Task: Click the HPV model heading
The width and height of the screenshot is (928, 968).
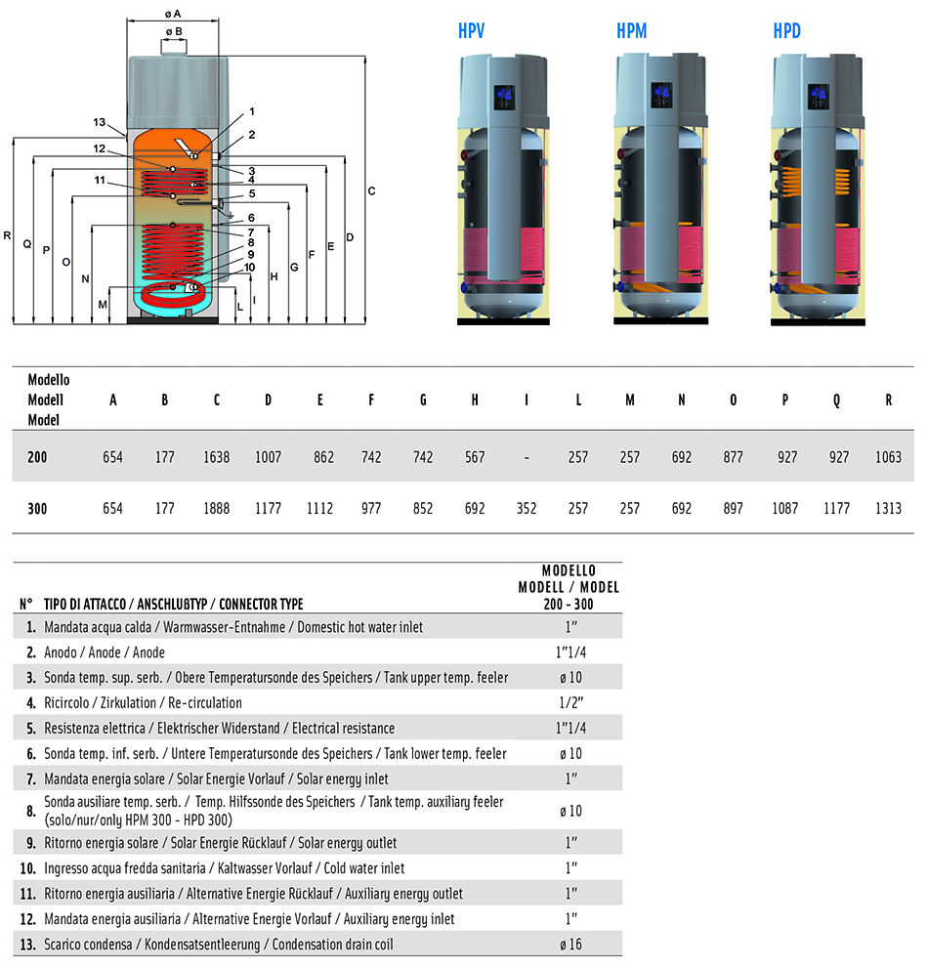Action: (x=471, y=32)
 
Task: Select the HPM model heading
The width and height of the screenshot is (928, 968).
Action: (x=631, y=32)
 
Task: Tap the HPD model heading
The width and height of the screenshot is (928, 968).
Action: (x=786, y=32)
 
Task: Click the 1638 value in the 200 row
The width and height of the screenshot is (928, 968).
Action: (x=216, y=457)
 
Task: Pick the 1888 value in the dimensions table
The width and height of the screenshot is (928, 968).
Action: (x=216, y=509)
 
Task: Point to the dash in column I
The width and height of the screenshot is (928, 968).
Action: (x=527, y=457)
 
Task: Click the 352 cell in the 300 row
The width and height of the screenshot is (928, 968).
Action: (x=527, y=509)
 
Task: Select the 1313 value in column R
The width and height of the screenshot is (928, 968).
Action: (x=888, y=509)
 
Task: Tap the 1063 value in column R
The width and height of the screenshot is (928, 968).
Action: (x=888, y=457)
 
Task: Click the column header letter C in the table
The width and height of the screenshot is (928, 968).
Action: (x=216, y=400)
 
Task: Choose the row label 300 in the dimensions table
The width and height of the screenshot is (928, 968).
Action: (x=37, y=509)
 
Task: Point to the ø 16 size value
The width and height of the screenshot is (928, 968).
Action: (x=570, y=945)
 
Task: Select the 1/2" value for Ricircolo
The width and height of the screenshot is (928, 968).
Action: (x=570, y=702)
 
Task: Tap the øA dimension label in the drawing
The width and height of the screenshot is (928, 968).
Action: (x=173, y=14)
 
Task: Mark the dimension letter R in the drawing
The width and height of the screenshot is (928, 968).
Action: (x=7, y=235)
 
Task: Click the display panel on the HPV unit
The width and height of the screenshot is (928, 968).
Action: (x=504, y=97)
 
